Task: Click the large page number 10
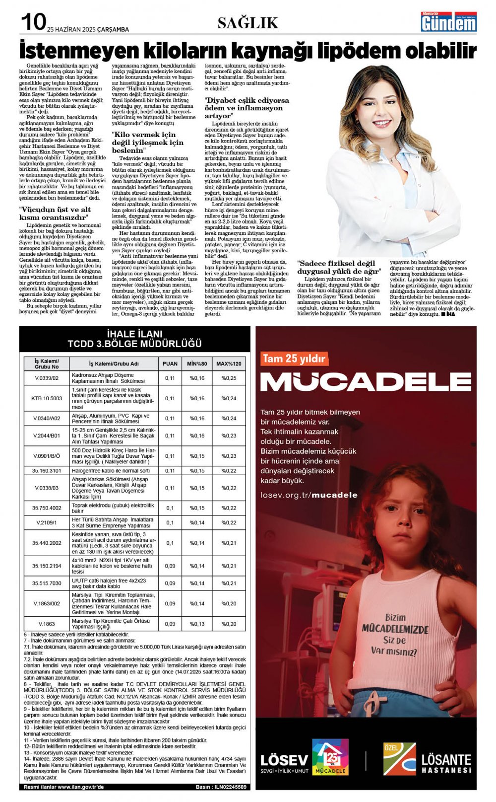[33, 22]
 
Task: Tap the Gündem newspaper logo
[448, 22]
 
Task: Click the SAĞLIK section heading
[248, 23]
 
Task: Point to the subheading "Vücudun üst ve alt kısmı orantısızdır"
[55, 213]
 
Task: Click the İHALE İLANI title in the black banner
[134, 334]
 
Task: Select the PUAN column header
[170, 364]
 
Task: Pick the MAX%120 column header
[229, 364]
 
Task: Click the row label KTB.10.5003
[47, 398]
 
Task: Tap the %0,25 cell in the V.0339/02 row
[229, 378]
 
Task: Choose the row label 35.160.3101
[47, 470]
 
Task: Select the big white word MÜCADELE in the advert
[366, 381]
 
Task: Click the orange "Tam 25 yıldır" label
[294, 358]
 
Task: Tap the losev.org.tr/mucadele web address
[309, 495]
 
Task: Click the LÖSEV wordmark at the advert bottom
[284, 760]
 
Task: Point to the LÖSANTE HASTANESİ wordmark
[446, 763]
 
